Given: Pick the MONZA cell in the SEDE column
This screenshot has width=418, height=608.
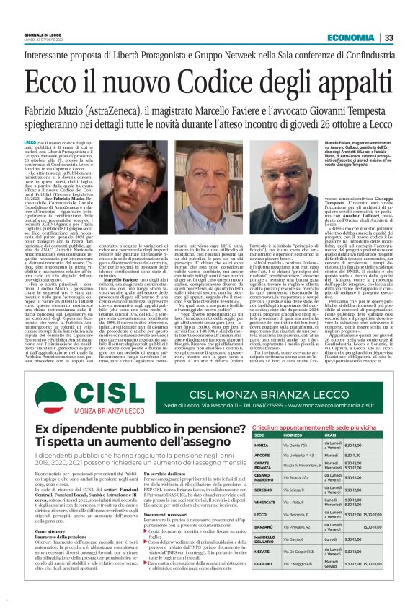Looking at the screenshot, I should click(262, 445).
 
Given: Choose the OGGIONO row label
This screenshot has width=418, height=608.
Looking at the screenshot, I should click(264, 583).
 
